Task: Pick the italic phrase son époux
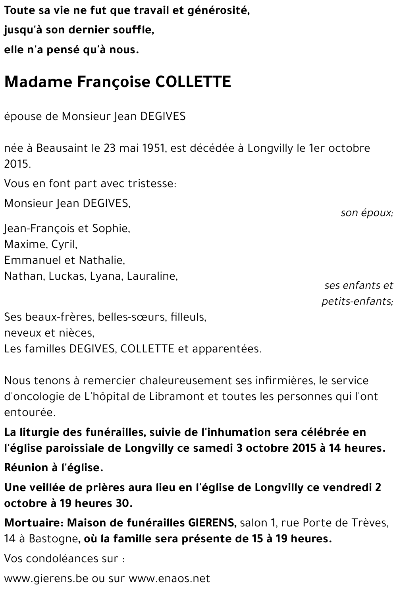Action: (x=366, y=213)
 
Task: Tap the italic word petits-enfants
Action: (x=357, y=302)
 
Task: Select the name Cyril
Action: (x=64, y=244)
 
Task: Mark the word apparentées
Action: (x=227, y=349)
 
